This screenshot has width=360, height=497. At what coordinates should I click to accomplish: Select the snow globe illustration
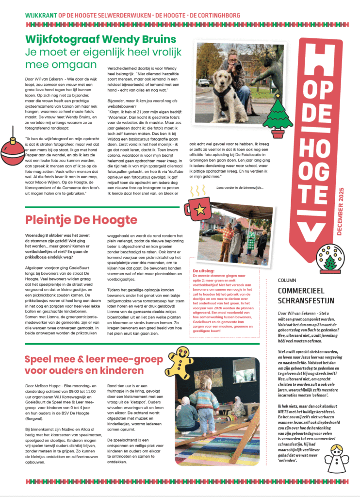point(329,260)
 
